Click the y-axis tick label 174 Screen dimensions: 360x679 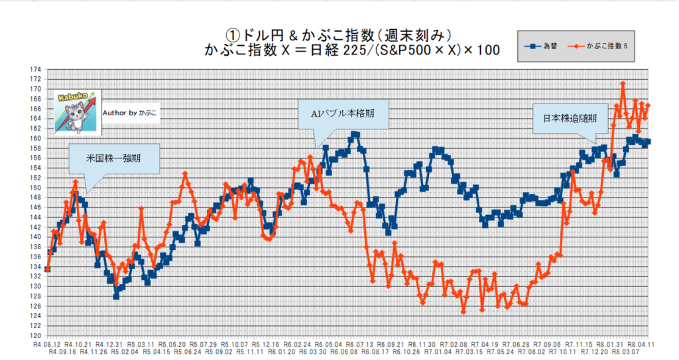(x=35, y=69)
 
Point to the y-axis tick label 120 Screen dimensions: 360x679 (x=35, y=335)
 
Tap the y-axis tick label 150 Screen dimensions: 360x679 (x=35, y=188)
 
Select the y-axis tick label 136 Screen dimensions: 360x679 (x=35, y=257)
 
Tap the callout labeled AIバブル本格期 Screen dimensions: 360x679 (x=341, y=113)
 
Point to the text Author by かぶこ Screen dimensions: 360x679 (x=131, y=113)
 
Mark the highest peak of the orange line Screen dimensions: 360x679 (x=623, y=84)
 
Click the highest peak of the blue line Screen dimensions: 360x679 (x=355, y=135)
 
